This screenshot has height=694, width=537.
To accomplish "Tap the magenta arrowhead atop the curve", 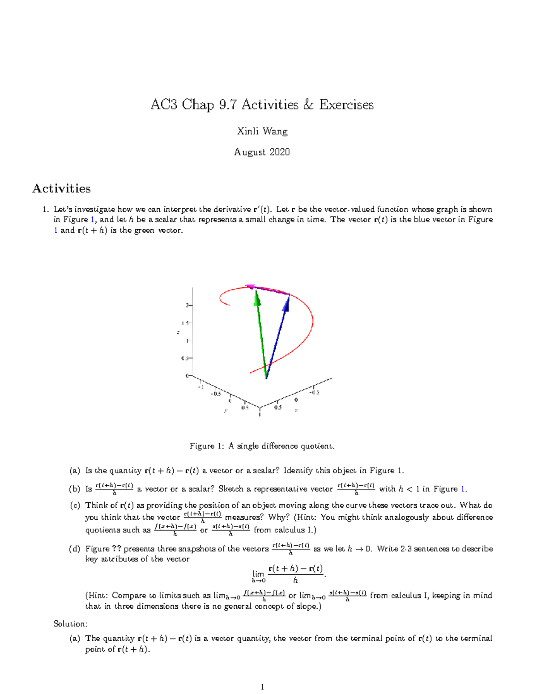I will (x=250, y=286).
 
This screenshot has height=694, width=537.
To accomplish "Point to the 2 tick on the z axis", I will (x=188, y=305).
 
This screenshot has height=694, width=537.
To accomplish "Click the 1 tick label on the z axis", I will (x=187, y=341).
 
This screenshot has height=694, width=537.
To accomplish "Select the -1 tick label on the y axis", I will (x=200, y=387).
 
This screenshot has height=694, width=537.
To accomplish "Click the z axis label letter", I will (x=178, y=332).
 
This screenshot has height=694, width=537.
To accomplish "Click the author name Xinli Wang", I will (x=262, y=131).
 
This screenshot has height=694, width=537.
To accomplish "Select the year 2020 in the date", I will (x=280, y=152).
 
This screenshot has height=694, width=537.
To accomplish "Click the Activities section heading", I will (x=61, y=189).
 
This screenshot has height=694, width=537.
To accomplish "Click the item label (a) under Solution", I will (x=75, y=639).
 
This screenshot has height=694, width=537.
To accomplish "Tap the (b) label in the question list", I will (x=75, y=489).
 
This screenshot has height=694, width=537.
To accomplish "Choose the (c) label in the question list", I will (x=75, y=505).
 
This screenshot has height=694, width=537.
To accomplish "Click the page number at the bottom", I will (x=262, y=687).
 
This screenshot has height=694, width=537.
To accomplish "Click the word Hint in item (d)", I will (x=97, y=596).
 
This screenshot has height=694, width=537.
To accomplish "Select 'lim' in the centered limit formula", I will (x=258, y=574).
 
